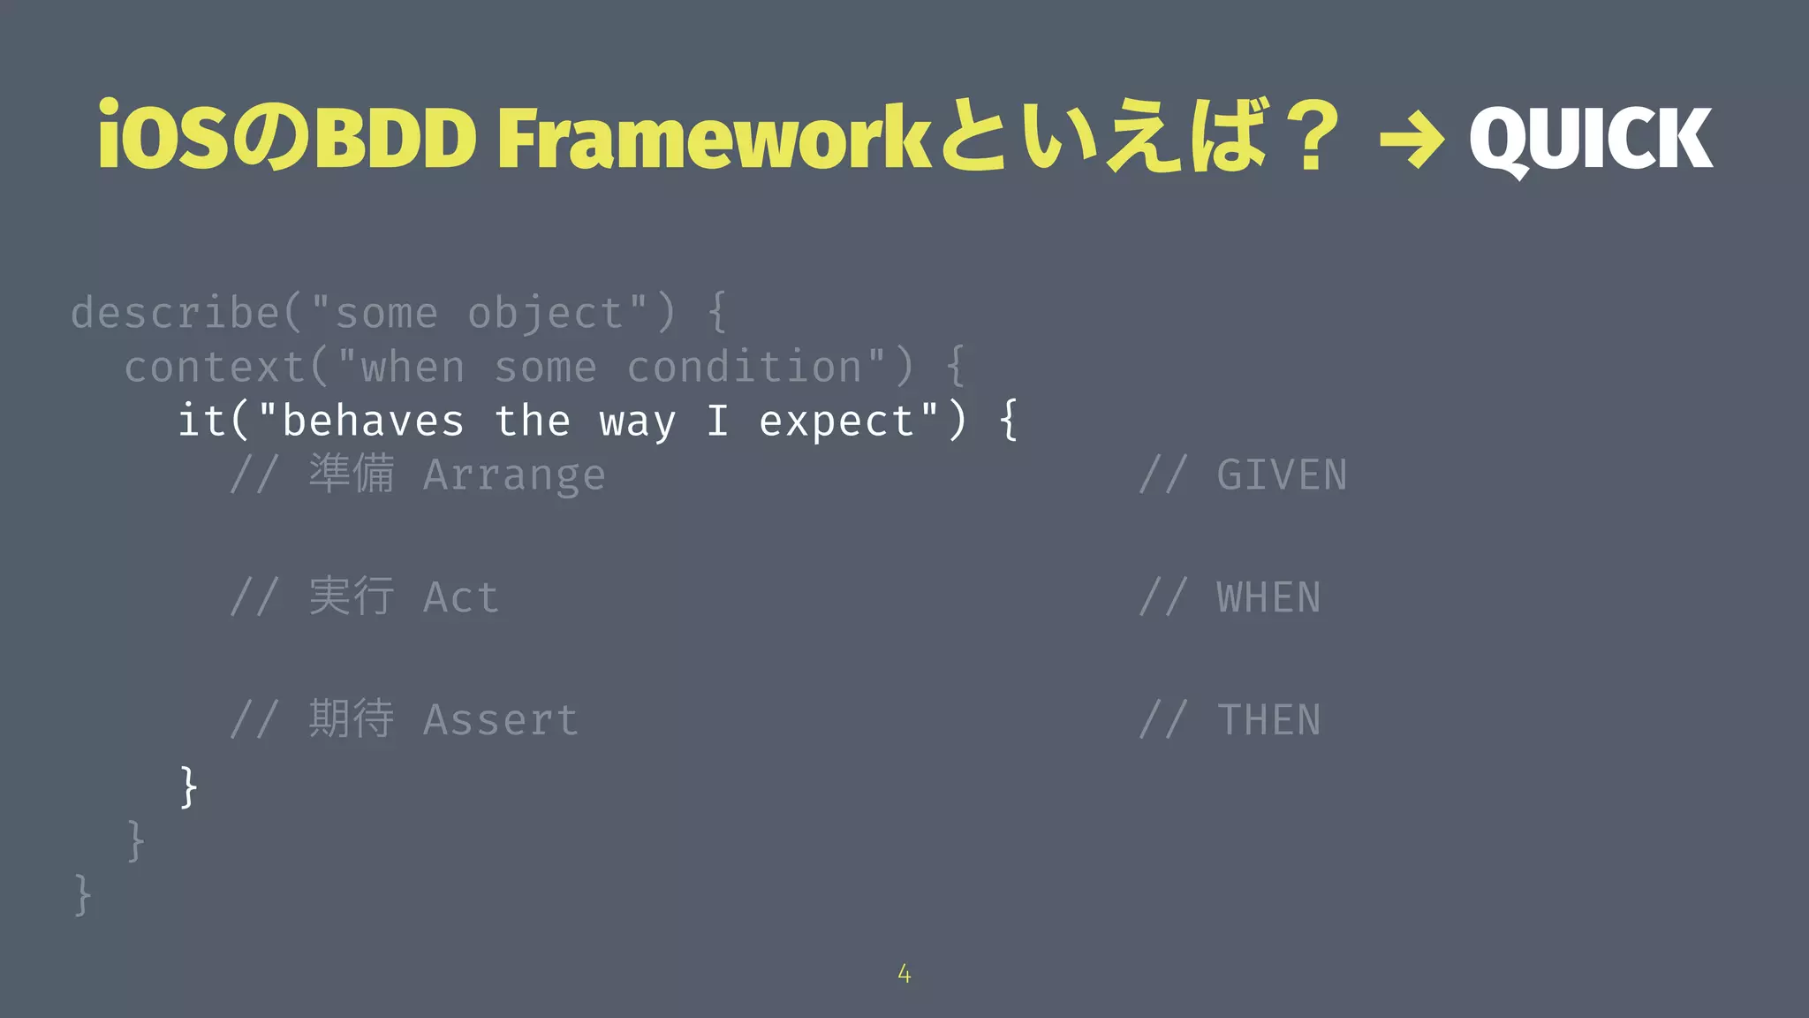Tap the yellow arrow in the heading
(1412, 140)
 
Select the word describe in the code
(175, 313)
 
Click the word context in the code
(215, 367)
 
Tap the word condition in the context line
(744, 367)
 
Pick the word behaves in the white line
(372, 421)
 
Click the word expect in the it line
(836, 422)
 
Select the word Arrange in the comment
(514, 475)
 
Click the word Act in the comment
(460, 597)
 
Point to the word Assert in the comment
(500, 719)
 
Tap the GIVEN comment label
(1281, 475)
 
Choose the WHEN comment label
(1268, 597)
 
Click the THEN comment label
(1268, 719)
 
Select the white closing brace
(187, 786)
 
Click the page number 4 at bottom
(904, 974)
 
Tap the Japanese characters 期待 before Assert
(351, 718)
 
